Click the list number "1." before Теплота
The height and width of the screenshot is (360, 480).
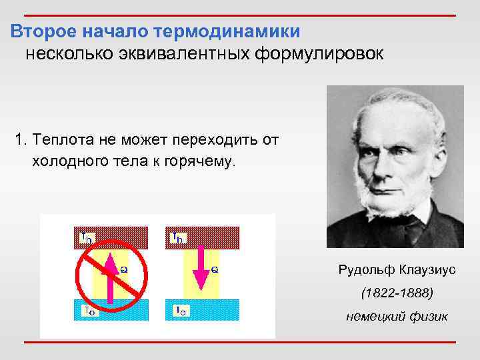(x=22, y=141)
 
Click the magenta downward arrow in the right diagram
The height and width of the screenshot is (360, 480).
(x=199, y=273)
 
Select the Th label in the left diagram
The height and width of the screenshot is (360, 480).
(x=87, y=236)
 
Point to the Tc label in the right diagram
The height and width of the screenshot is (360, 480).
(x=179, y=310)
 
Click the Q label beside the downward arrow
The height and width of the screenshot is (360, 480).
(x=215, y=269)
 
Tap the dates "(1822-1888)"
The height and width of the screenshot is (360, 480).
(x=397, y=293)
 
